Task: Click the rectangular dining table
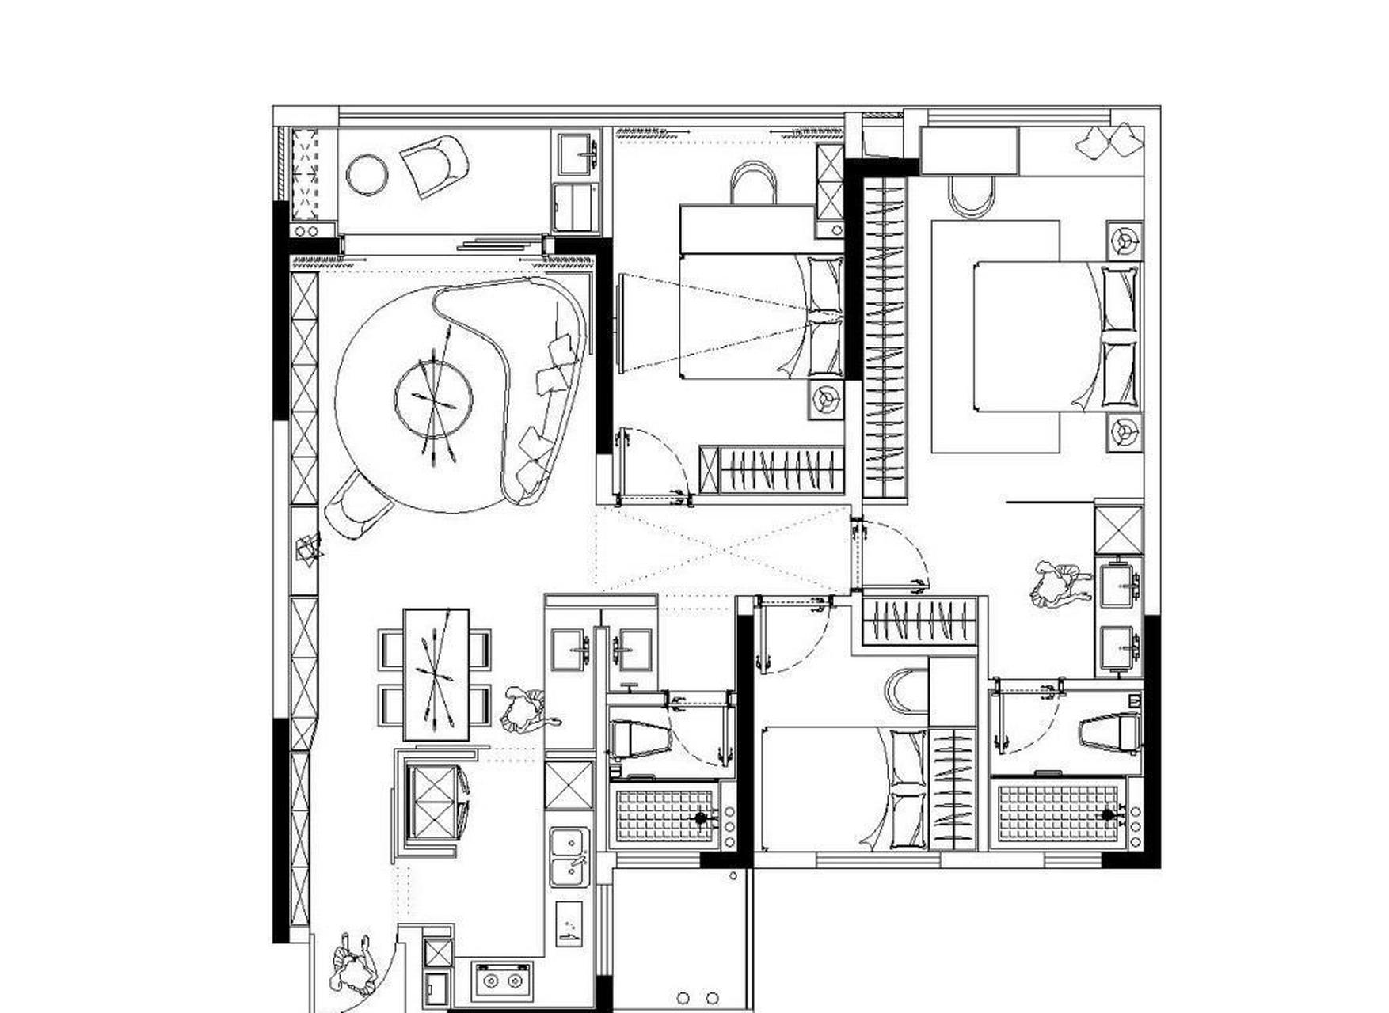pyautogui.click(x=436, y=673)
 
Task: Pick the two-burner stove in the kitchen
pyautogui.click(x=503, y=981)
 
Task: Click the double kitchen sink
pyautogui.click(x=570, y=857)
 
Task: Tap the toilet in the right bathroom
pyautogui.click(x=1111, y=731)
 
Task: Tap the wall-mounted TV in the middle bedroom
pyautogui.click(x=619, y=324)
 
